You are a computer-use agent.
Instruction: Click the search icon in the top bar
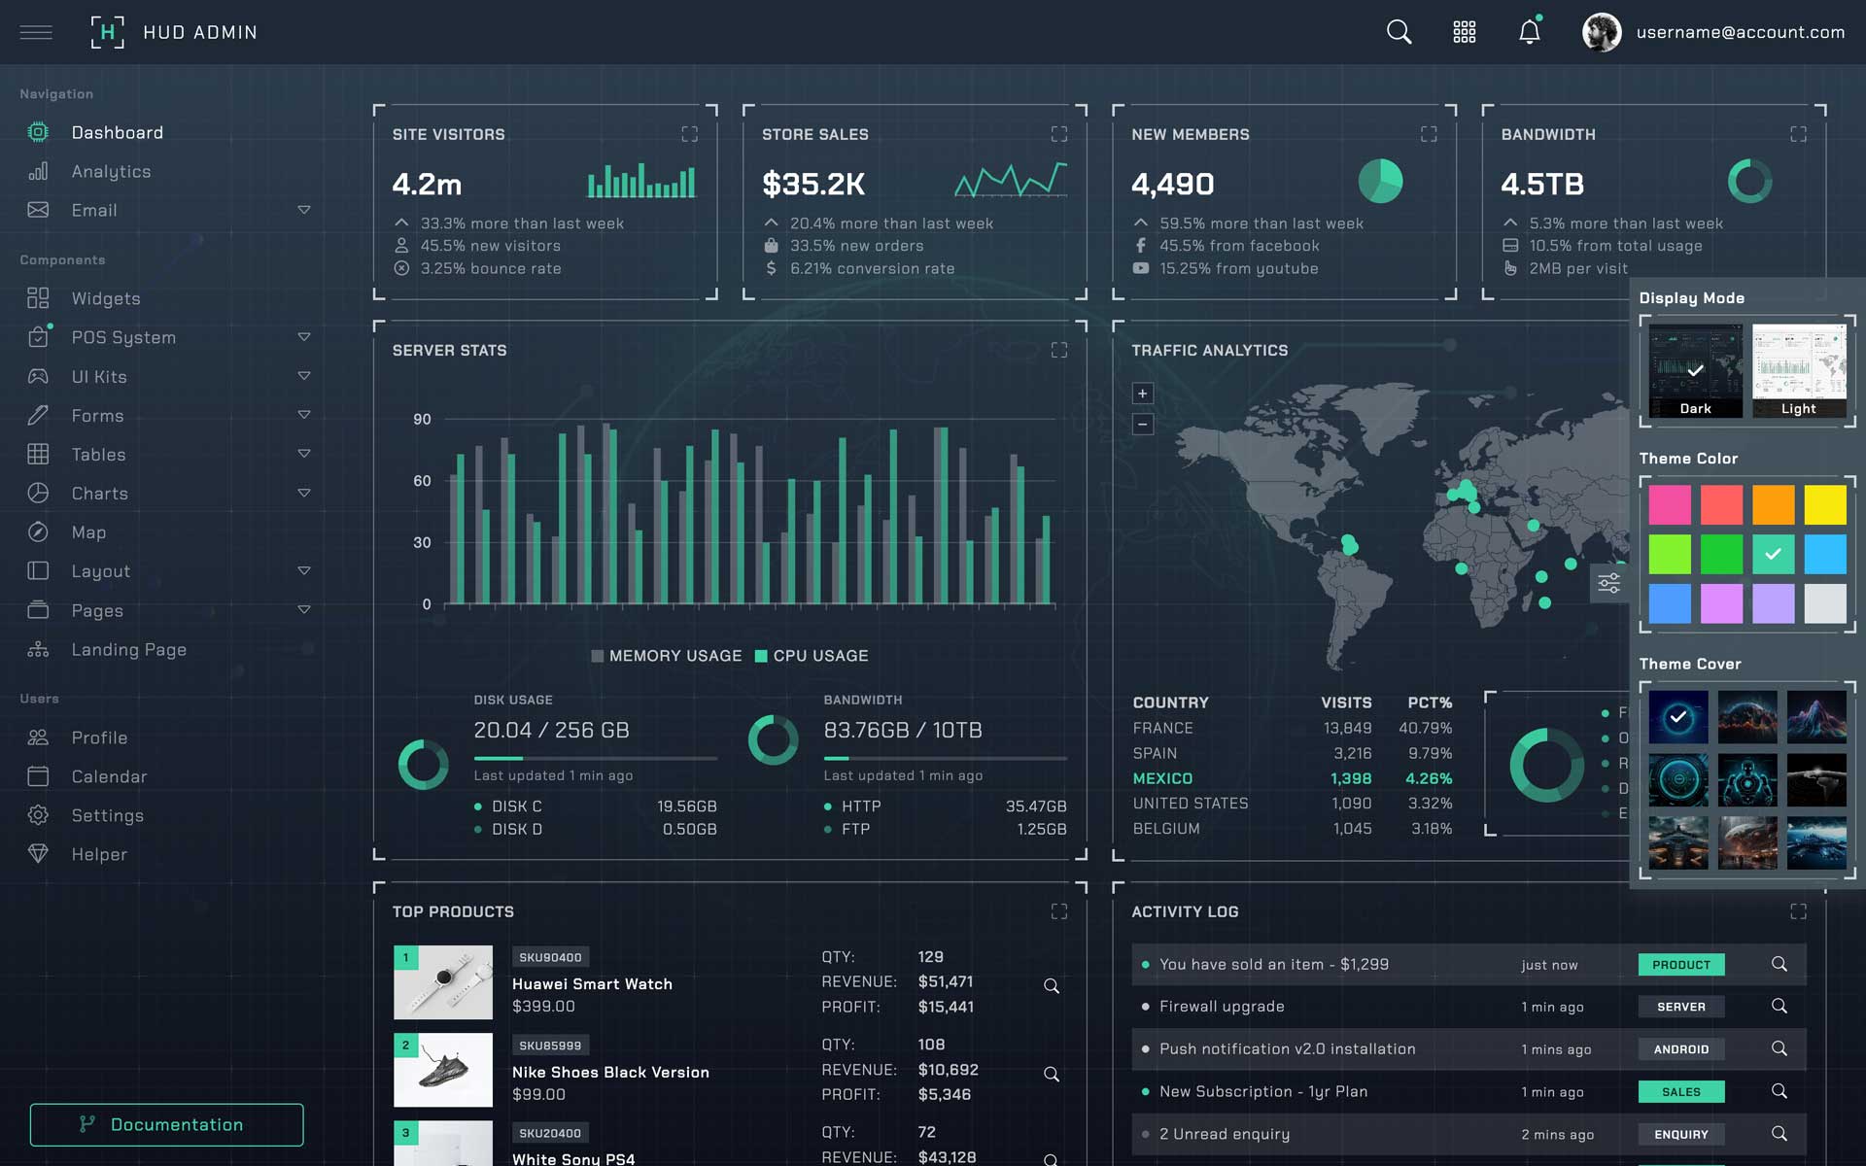point(1399,32)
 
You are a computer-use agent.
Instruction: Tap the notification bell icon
point(1529,32)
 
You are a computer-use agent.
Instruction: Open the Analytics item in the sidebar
point(111,172)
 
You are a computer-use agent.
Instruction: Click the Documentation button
point(166,1124)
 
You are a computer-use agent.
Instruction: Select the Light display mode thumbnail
point(1798,370)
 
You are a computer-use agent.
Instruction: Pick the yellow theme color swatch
point(1824,505)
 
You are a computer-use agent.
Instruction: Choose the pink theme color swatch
point(1670,505)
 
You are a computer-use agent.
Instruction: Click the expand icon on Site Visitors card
point(689,134)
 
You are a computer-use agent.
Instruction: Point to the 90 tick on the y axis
point(422,420)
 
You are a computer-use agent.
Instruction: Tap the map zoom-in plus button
point(1143,394)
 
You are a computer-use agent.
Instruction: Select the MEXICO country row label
point(1162,778)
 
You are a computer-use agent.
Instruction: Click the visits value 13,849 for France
point(1347,728)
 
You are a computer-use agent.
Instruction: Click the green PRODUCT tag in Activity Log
point(1680,965)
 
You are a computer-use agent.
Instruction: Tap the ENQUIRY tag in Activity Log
point(1680,1134)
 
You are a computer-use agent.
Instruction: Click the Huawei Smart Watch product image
point(443,982)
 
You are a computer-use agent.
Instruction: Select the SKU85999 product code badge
point(550,1046)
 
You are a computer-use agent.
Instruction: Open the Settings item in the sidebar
point(107,816)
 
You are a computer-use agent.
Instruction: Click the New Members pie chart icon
point(1380,182)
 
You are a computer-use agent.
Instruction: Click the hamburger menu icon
point(36,32)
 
